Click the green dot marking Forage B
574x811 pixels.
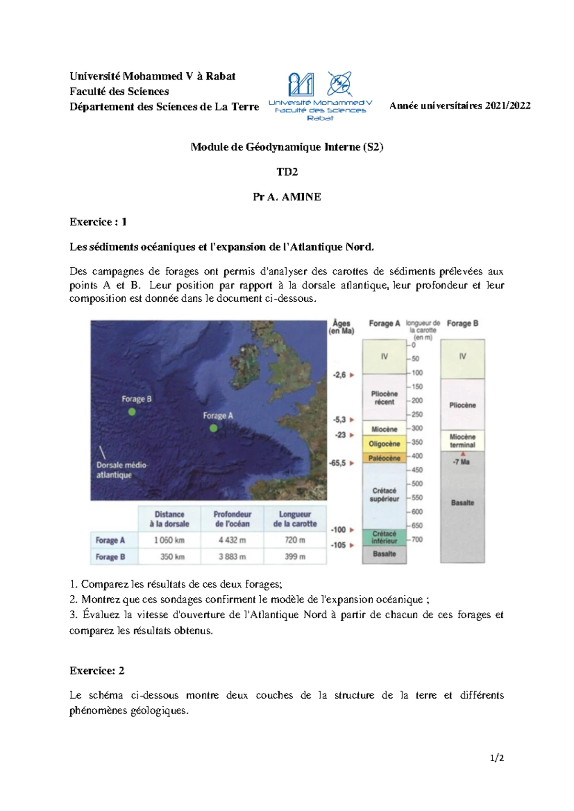click(132, 412)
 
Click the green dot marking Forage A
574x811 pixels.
click(213, 428)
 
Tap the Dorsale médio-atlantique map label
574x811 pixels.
click(121, 470)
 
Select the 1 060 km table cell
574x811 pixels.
click(169, 540)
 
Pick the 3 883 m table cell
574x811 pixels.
click(232, 557)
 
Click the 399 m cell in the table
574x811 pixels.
click(295, 557)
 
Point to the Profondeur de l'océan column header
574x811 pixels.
click(232, 519)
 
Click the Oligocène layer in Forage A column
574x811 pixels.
click(384, 444)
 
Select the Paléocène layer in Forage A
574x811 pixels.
click(384, 458)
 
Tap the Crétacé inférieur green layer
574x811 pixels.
click(384, 537)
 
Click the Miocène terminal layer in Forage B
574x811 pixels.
click(462, 441)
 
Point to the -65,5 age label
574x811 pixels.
click(338, 463)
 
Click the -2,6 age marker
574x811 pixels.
click(340, 375)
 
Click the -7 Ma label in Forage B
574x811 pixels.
click(462, 462)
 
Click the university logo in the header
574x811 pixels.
click(320, 96)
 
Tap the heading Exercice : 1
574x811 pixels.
click(98, 222)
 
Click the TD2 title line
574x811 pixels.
click(287, 172)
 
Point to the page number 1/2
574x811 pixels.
click(497, 758)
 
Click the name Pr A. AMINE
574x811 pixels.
click(287, 197)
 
